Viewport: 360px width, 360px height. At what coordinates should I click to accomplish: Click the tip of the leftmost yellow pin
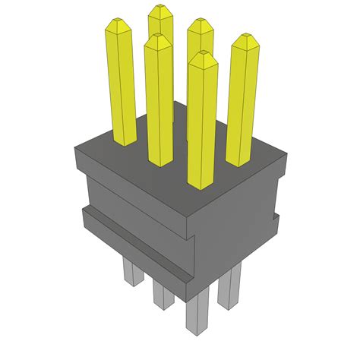(118, 25)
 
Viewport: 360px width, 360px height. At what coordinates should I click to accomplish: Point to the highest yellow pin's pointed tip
(160, 8)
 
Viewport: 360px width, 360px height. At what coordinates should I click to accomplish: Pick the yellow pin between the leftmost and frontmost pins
(158, 99)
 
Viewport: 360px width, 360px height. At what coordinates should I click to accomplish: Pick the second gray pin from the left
(161, 292)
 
